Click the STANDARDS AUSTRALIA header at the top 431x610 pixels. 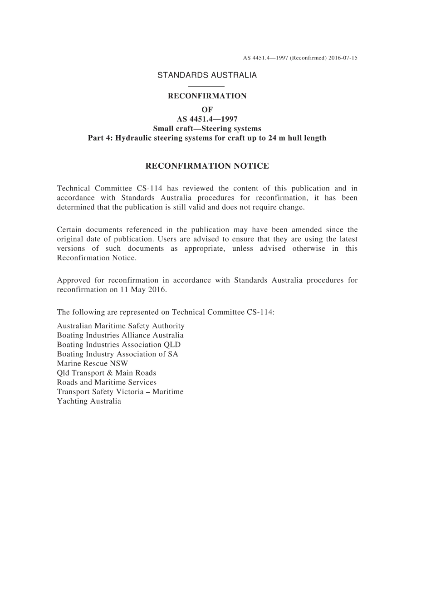[207, 75]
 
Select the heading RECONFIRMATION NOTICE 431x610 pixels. [207, 166]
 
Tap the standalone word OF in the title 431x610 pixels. [207, 110]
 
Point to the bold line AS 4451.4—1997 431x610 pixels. [207, 119]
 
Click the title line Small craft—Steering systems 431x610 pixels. [207, 128]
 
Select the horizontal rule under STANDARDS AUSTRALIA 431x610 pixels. [206, 86]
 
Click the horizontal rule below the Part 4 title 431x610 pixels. [206, 148]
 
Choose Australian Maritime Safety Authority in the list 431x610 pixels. [121, 326]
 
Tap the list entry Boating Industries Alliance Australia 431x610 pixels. [120, 335]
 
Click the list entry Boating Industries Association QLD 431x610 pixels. [118, 345]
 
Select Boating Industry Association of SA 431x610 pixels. [118, 354]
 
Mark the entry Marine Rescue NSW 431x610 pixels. [93, 363]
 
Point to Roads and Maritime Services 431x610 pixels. [107, 382]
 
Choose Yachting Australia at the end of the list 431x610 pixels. [89, 401]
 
